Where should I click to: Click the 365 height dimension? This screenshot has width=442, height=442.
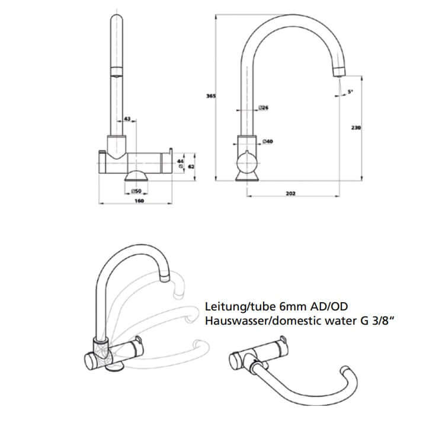tap(210, 95)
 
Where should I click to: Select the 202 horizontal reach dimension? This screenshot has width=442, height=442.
tap(290, 194)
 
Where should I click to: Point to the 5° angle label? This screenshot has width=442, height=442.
tap(350, 91)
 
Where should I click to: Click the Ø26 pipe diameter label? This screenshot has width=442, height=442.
tap(264, 108)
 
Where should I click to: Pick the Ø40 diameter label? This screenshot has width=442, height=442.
tap(267, 141)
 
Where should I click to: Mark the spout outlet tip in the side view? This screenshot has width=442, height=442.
tap(337, 71)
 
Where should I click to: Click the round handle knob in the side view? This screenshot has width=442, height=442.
tap(246, 163)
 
